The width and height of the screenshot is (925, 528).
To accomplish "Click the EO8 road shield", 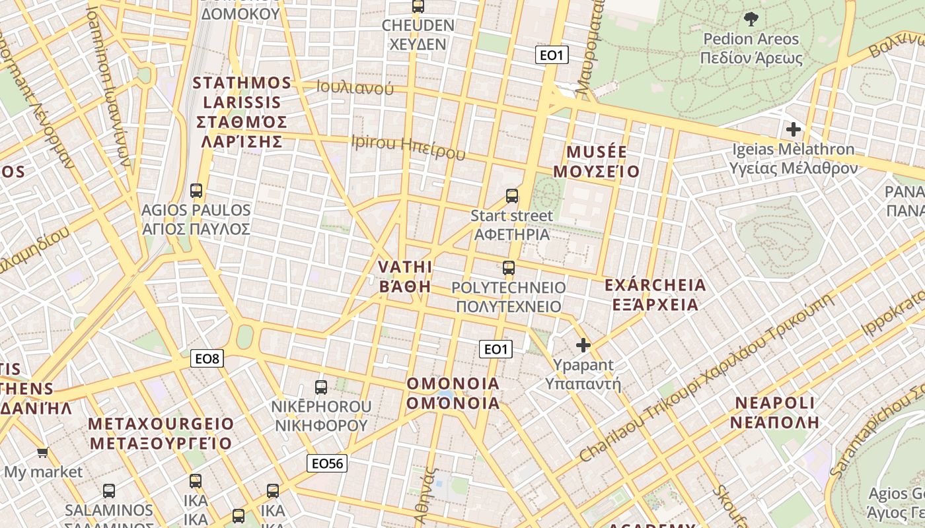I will tap(207, 358).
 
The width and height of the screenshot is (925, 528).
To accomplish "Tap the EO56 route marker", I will tap(327, 463).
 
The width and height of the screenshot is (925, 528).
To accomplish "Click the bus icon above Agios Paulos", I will tap(196, 191).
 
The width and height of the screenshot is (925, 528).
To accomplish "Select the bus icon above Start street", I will tap(512, 195).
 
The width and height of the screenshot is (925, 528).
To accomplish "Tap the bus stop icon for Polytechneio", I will tap(508, 267).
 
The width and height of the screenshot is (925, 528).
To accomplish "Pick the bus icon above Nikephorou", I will tap(321, 387).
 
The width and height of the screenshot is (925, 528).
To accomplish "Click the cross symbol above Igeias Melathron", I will tap(794, 129).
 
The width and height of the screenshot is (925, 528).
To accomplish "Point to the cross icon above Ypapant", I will tap(583, 345).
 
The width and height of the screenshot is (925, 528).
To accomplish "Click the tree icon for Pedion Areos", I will tap(751, 18).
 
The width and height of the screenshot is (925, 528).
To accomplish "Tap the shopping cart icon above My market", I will tap(43, 452).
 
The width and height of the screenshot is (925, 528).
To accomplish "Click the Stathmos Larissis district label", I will tap(242, 112).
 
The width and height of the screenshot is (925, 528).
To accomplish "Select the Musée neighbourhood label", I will tap(596, 162).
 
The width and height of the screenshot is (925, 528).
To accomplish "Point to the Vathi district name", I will tap(405, 277).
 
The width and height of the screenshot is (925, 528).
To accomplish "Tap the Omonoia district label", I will tap(453, 393).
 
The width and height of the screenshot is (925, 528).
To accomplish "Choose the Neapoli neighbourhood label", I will tap(775, 412).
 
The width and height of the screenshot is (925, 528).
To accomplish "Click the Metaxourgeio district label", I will tap(161, 433).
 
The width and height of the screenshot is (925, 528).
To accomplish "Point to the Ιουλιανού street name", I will tap(355, 87).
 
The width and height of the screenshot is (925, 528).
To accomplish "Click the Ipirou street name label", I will tap(408, 146).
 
